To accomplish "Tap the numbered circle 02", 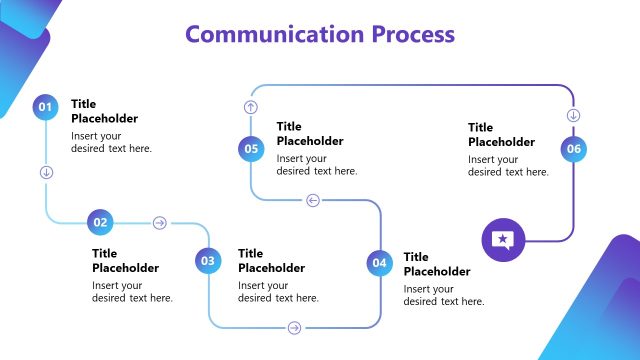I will [100, 222].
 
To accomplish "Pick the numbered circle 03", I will [208, 262].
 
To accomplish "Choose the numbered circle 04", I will [379, 263].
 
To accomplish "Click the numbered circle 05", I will [250, 149].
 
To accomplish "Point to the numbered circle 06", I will [573, 149].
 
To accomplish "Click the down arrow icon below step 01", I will [46, 172].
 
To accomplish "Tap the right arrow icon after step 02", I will [159, 223].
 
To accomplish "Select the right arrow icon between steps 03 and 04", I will [294, 327].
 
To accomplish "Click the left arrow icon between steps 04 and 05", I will [313, 200].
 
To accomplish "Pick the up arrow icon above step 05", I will [250, 106].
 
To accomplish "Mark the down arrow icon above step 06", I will [573, 115].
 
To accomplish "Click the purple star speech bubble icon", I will [502, 240].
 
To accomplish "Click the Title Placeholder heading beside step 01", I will [104, 111].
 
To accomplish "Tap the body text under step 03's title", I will [278, 291].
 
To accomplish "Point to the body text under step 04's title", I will [444, 295].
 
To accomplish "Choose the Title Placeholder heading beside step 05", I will [310, 133].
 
